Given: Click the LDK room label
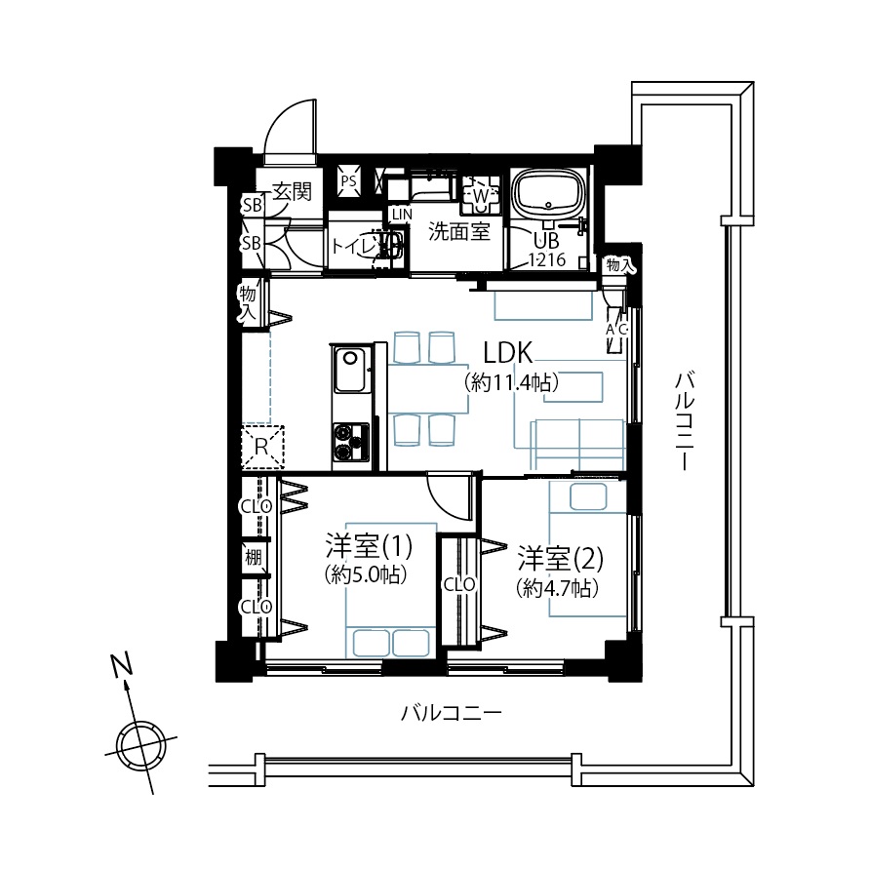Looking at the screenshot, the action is point(508,352).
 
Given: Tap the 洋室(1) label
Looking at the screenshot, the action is point(369,546).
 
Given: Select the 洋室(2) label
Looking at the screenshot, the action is point(561,559).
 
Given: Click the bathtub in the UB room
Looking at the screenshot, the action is point(549,195).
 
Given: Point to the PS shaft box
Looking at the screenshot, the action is point(349,180).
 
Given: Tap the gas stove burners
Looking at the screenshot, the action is point(351,442).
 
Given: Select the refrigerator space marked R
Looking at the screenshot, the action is point(262,446).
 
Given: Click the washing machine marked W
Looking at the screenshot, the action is point(481,195).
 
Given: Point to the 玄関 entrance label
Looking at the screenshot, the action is point(293,192).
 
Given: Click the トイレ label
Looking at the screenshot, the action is point(354,245).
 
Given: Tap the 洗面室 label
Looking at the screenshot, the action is point(458,231).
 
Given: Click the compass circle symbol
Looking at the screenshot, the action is point(141,746).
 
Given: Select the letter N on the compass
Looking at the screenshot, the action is point(122,666).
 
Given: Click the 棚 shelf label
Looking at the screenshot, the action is point(254,557).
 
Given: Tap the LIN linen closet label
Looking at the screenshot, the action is point(402,215).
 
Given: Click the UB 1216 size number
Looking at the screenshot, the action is point(547,259).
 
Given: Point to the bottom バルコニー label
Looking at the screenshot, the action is point(451,713).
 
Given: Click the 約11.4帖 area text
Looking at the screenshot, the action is point(510,382).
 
